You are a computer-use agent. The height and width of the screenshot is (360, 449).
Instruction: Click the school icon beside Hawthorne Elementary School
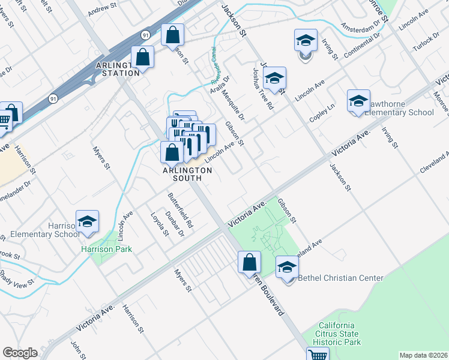click(358, 101)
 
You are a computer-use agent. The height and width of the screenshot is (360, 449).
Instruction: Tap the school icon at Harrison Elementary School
click(88, 222)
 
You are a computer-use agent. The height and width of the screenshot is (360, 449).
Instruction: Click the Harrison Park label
click(107, 249)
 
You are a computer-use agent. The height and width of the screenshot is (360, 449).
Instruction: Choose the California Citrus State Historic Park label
click(340, 334)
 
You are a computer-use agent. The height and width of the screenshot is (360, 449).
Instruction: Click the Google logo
click(20, 353)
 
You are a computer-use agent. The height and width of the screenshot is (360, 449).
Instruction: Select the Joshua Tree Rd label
click(263, 89)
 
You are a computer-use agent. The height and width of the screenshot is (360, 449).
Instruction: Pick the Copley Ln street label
click(322, 110)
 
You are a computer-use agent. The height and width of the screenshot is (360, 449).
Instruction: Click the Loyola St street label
click(159, 224)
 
